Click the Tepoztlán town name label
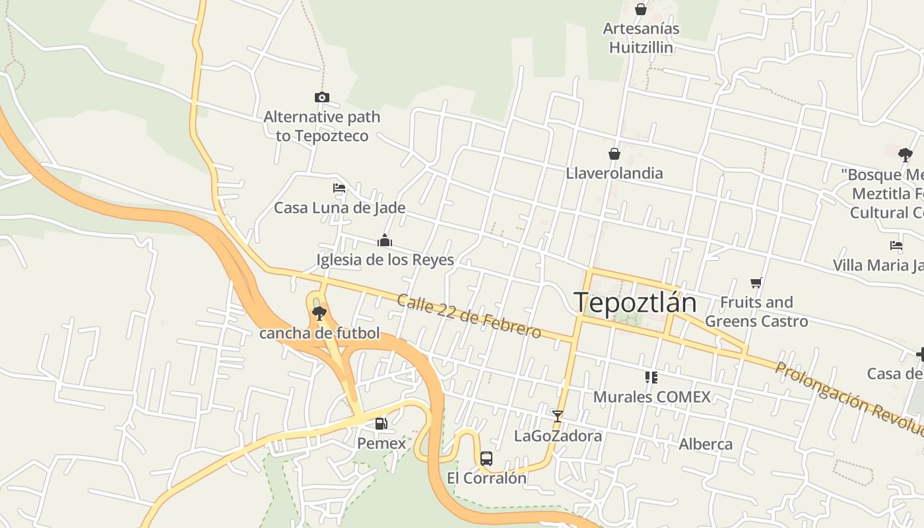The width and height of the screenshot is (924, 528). (635, 302)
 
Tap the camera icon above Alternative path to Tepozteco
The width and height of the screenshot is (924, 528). (322, 98)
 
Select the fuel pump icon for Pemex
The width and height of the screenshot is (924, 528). (381, 424)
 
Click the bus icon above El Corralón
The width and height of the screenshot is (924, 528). (486, 459)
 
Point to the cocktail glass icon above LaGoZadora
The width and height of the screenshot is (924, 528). (558, 416)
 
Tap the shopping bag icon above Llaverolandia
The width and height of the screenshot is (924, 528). (614, 154)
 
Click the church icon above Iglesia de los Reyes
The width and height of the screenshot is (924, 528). (385, 240)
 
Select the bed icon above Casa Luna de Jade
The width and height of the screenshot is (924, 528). (339, 188)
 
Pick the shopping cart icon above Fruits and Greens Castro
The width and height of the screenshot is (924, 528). (756, 282)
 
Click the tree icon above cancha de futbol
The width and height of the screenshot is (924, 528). (319, 313)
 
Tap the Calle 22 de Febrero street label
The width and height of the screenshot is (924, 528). (469, 315)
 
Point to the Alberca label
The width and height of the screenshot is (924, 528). (706, 444)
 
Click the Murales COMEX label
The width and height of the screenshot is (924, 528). (652, 397)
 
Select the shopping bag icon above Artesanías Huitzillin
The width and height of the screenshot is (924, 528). (640, 9)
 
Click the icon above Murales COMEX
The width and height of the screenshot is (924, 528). (651, 378)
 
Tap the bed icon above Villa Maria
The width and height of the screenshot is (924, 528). (896, 246)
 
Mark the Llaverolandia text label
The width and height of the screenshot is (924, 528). (614, 174)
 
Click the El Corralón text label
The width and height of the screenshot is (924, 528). (487, 478)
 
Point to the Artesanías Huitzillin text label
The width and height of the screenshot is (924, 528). (642, 38)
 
